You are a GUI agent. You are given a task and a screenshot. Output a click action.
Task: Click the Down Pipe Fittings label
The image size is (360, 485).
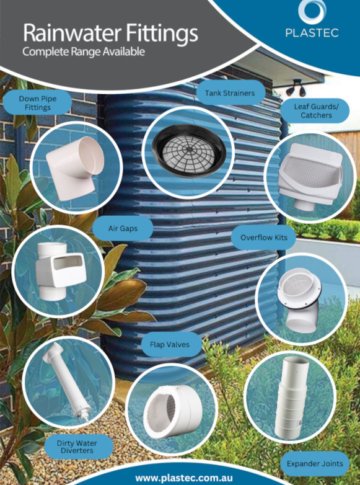[x=38, y=103]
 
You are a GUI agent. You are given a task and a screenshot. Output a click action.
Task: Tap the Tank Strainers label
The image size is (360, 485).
[x=230, y=93]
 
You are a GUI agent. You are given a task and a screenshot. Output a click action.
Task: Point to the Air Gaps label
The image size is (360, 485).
[x=123, y=229]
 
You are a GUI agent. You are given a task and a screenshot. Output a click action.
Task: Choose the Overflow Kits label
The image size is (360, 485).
[x=263, y=238]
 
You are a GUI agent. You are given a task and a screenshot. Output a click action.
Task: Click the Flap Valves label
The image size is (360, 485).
[x=170, y=344]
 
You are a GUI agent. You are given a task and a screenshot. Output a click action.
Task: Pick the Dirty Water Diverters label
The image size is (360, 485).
[x=77, y=447]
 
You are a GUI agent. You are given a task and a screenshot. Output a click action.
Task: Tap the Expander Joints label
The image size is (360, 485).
[x=315, y=464]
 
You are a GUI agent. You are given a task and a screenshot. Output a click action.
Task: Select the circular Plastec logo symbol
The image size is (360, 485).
[x=312, y=11]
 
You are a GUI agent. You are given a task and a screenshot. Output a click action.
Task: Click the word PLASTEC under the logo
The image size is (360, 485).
[x=312, y=33]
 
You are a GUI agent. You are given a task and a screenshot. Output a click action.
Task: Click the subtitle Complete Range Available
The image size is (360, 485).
[x=84, y=51]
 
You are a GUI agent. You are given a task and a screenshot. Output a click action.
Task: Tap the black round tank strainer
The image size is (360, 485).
[x=189, y=151]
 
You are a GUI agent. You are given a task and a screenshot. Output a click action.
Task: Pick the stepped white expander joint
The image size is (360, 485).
[x=292, y=397]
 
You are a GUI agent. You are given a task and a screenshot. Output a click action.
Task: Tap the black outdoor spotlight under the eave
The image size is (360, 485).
[x=296, y=87]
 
